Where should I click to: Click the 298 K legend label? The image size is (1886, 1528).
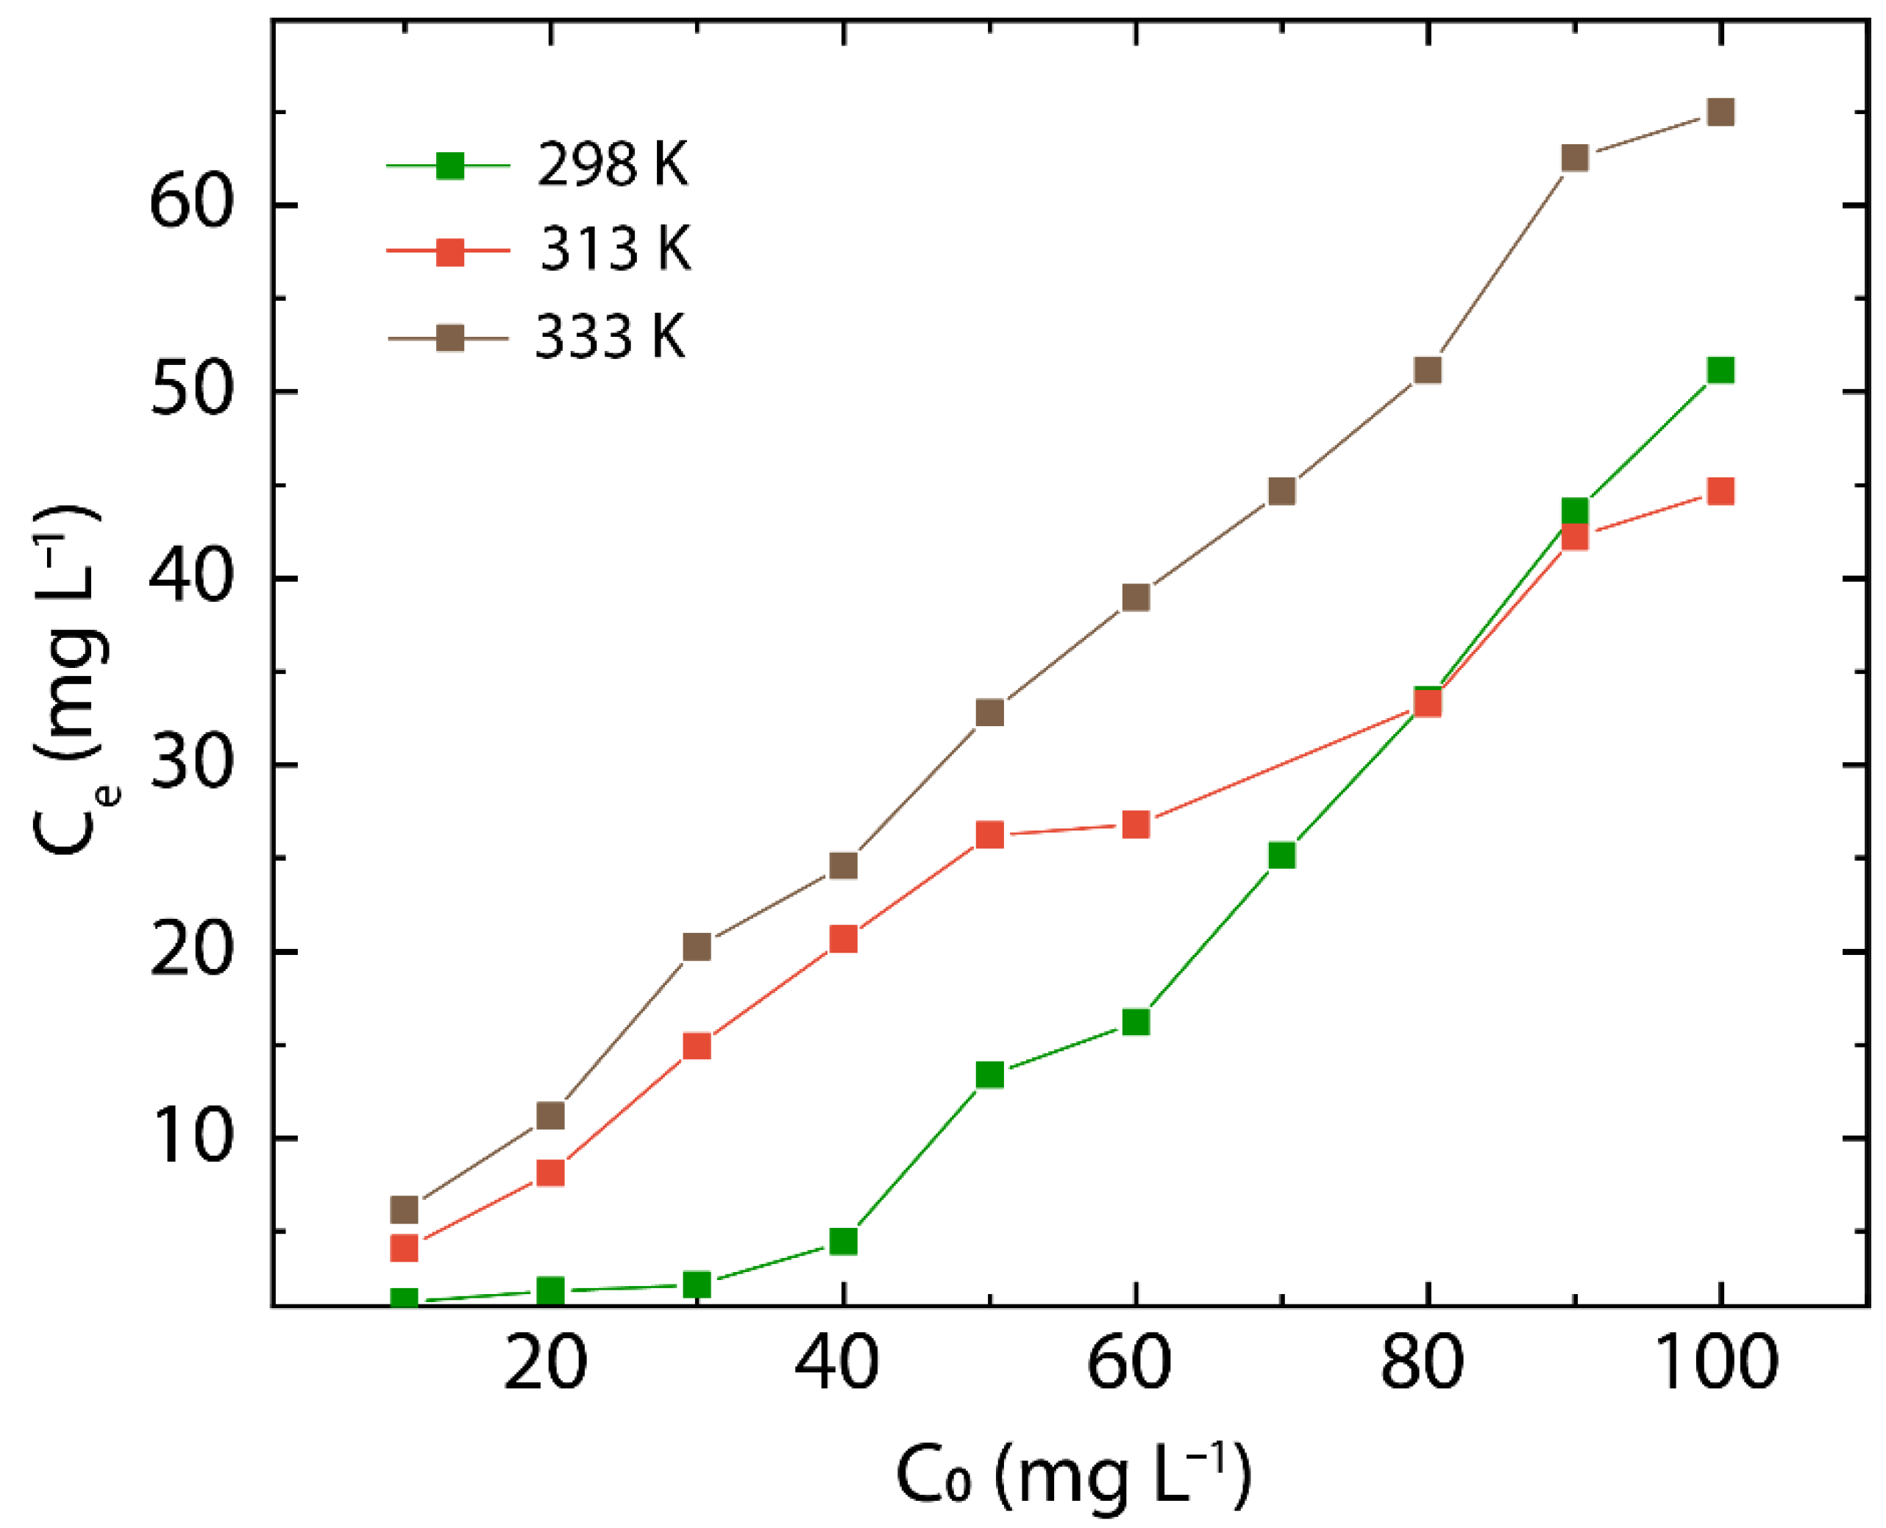pyautogui.click(x=613, y=165)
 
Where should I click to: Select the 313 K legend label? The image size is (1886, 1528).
pyautogui.click(x=615, y=249)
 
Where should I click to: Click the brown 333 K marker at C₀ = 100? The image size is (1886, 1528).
pyautogui.click(x=1720, y=113)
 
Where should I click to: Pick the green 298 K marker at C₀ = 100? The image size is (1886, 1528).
pyautogui.click(x=1720, y=371)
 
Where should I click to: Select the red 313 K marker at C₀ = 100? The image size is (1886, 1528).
pyautogui.click(x=1720, y=491)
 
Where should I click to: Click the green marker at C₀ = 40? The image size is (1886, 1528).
pyautogui.click(x=843, y=1241)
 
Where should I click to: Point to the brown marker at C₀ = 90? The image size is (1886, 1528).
pyautogui.click(x=1574, y=157)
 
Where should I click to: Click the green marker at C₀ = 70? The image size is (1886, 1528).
pyautogui.click(x=1282, y=855)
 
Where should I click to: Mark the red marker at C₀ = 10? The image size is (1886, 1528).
pyautogui.click(x=404, y=1248)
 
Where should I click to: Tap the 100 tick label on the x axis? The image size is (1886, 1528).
pyautogui.click(x=1717, y=1363)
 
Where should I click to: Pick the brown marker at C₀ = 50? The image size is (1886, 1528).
pyautogui.click(x=990, y=712)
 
